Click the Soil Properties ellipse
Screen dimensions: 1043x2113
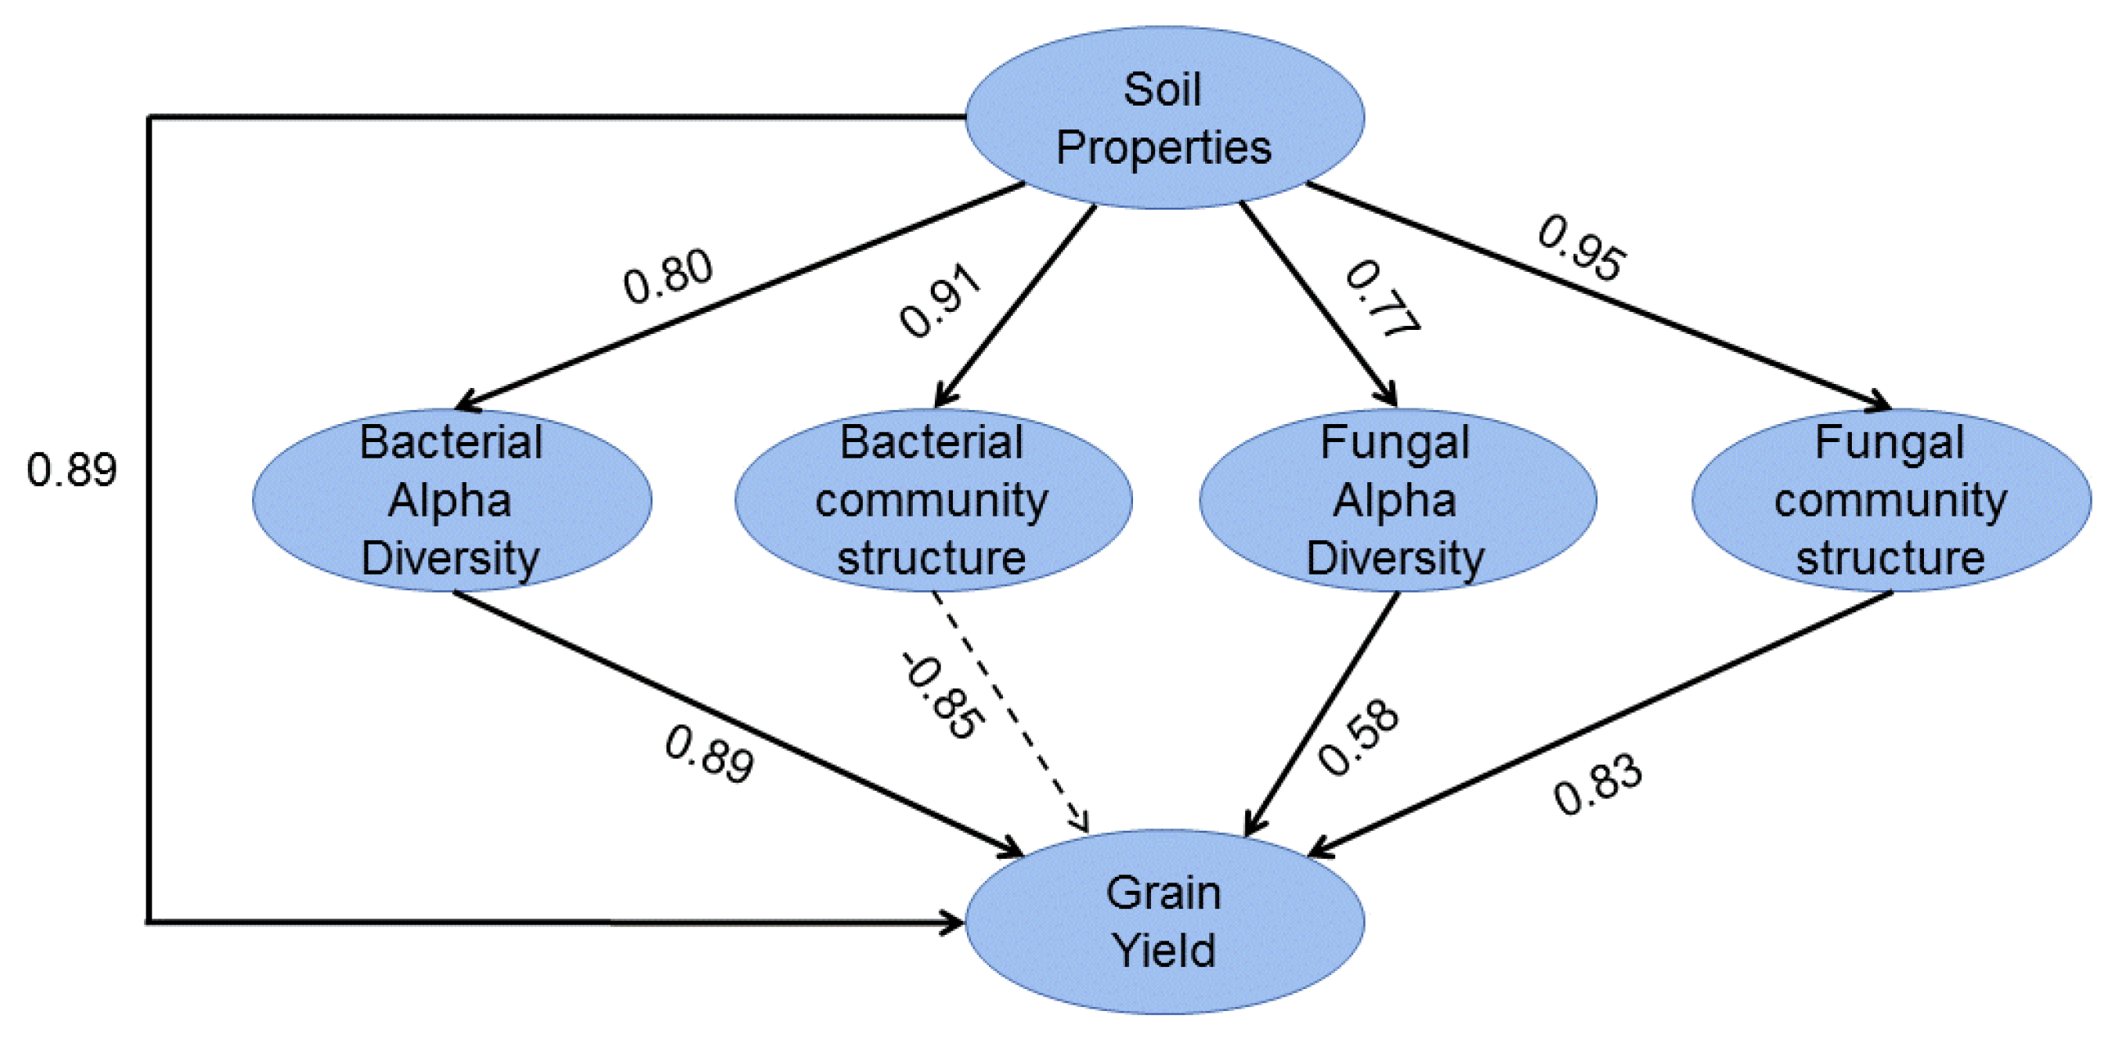tap(1164, 118)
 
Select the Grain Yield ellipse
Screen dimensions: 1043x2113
tap(1164, 922)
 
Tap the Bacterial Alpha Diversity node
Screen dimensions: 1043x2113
tap(451, 499)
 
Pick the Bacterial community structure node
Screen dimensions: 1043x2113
tap(932, 499)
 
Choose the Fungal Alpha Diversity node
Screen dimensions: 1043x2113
tap(1397, 499)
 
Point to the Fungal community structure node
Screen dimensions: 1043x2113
tap(1890, 499)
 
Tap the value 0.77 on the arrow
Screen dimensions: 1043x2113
tap(1381, 300)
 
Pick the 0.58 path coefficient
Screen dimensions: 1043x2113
tap(1358, 736)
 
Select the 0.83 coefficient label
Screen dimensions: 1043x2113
tap(1597, 784)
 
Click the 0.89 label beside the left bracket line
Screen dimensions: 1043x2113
tap(71, 470)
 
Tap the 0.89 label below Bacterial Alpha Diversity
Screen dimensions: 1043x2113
tap(709, 754)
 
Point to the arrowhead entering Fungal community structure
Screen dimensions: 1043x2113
tap(1879, 404)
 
